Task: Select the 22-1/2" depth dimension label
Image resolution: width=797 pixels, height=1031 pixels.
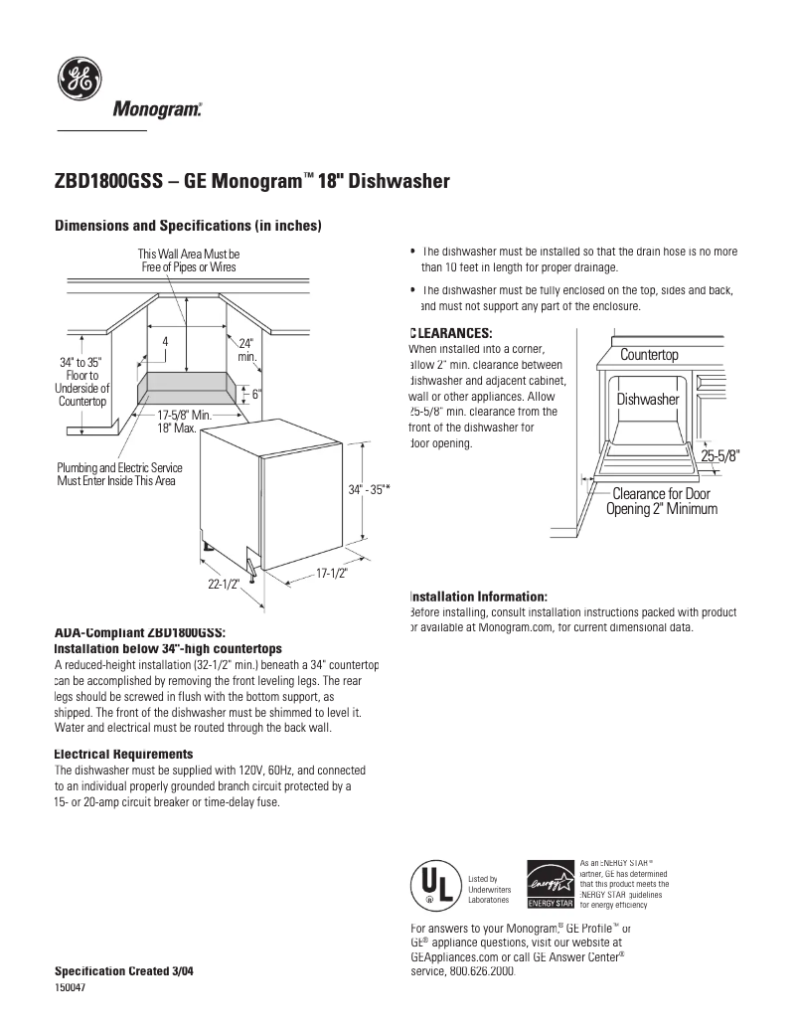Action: tap(224, 585)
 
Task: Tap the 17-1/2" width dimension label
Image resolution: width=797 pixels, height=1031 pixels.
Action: tap(332, 572)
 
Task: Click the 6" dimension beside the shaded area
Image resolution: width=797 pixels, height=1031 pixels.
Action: tap(255, 394)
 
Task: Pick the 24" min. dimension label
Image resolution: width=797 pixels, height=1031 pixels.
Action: tap(247, 349)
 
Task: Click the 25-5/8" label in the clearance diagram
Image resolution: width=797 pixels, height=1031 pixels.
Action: tap(720, 455)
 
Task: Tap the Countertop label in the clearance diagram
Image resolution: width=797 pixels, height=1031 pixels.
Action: tap(649, 355)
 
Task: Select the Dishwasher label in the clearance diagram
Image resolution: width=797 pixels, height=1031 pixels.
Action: tap(647, 399)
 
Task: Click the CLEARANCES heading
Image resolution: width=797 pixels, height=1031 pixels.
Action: tap(451, 333)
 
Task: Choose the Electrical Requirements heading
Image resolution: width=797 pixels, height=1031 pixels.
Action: tap(123, 755)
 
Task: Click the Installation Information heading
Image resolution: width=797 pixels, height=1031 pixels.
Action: tap(478, 596)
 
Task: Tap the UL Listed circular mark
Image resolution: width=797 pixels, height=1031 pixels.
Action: tap(434, 884)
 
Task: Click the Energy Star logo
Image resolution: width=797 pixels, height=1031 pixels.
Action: tap(550, 884)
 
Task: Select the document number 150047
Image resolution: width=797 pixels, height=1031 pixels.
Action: tap(70, 985)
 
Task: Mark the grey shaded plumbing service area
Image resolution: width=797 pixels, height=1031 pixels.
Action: tap(189, 388)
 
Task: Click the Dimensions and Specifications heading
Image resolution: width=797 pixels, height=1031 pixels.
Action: tap(187, 226)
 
